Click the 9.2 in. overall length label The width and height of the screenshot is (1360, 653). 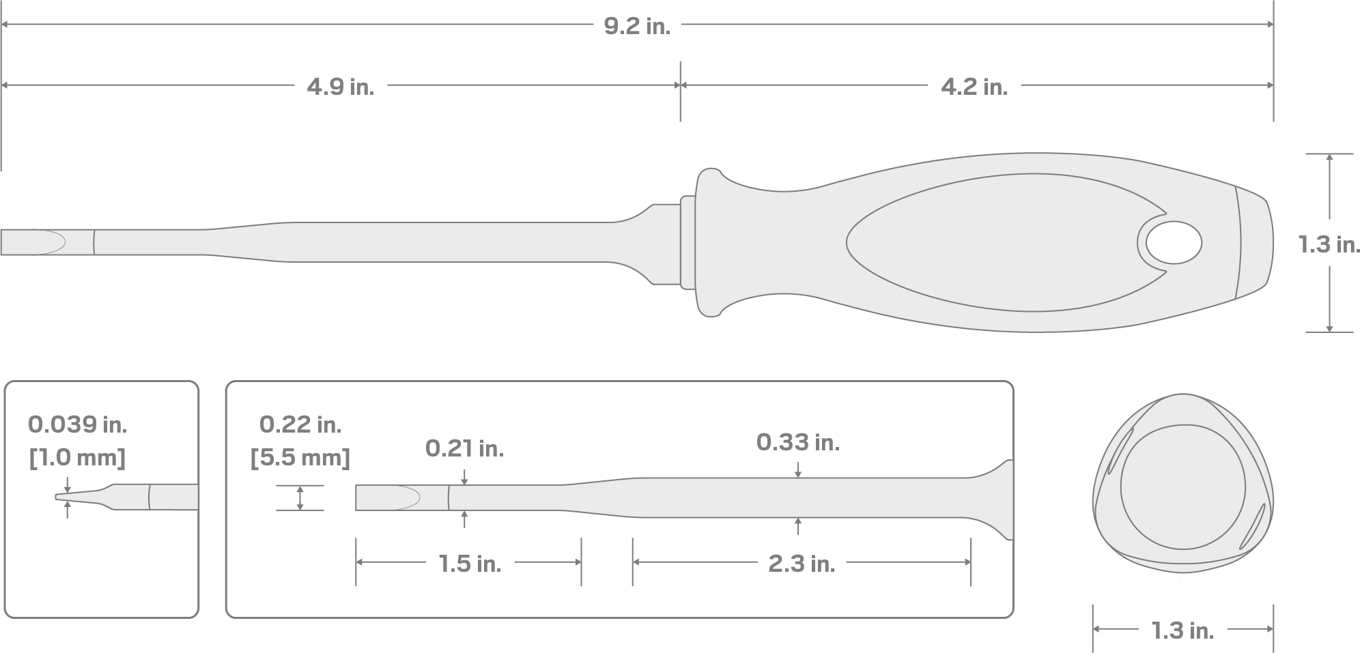click(637, 26)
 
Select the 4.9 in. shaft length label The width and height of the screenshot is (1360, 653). click(340, 87)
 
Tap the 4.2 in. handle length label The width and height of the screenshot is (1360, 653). click(974, 87)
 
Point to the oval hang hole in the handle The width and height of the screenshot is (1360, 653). click(1174, 243)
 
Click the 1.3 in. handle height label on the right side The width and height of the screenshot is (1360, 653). click(1329, 244)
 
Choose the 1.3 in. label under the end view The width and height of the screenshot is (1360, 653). click(1182, 630)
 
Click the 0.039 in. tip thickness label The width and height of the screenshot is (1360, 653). click(77, 425)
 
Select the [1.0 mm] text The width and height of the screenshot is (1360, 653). click(77, 457)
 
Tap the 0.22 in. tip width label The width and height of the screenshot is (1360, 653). click(300, 425)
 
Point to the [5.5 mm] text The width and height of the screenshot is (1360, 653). click(300, 457)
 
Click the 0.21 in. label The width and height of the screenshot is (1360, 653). click(464, 448)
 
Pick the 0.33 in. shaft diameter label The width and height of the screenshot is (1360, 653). click(797, 443)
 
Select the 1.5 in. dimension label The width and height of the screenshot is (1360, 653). click(469, 564)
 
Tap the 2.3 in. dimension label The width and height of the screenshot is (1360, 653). click(802, 564)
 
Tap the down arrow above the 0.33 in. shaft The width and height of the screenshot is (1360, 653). click(798, 471)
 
